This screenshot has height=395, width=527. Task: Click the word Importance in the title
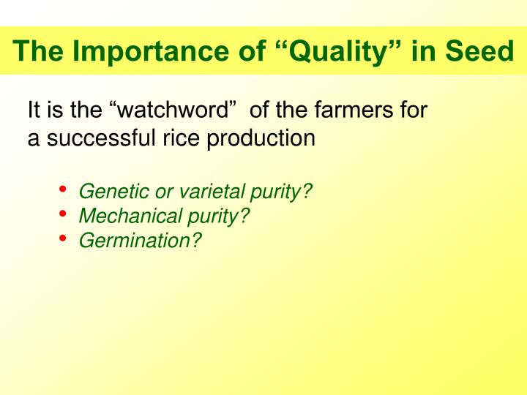click(x=127, y=51)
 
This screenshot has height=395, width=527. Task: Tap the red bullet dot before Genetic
click(x=63, y=190)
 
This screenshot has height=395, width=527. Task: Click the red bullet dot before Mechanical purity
click(x=63, y=214)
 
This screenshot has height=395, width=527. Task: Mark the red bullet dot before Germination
click(x=63, y=238)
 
